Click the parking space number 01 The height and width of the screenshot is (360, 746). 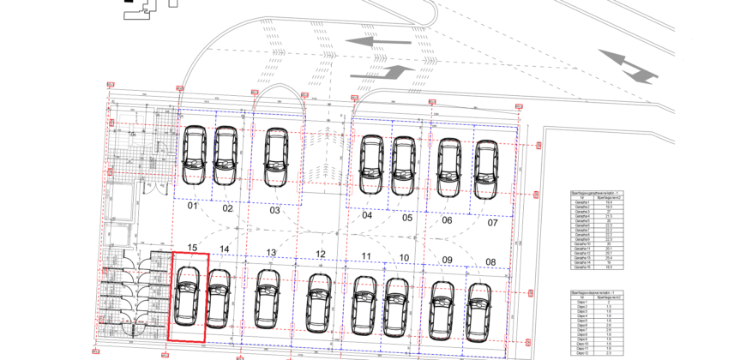pos(193,207)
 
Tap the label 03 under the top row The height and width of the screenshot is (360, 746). pos(274,210)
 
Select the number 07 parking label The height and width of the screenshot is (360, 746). pos(492,222)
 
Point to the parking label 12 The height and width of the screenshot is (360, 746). pos(321,254)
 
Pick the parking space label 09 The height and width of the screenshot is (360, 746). pos(447,260)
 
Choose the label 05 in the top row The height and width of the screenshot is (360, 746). pos(407,218)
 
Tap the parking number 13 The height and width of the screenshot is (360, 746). pos(271,252)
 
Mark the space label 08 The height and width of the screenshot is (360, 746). pos(490,261)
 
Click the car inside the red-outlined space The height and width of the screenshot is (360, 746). pos(187,295)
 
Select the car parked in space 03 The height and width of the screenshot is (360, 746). pos(275,157)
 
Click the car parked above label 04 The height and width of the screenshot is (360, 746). pos(371,164)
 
